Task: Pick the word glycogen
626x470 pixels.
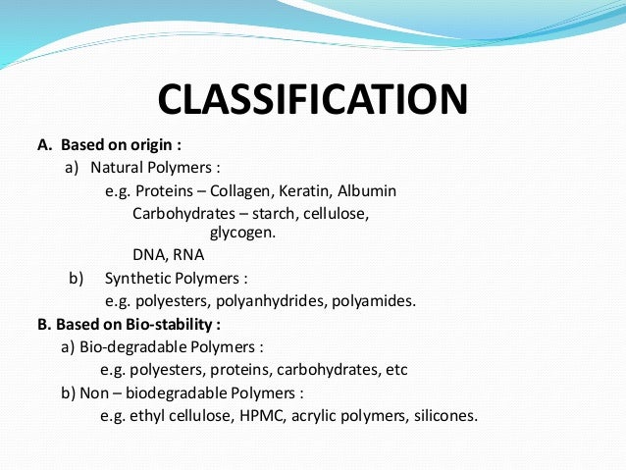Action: pyautogui.click(x=243, y=233)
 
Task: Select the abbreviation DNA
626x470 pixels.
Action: pyautogui.click(x=148, y=255)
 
